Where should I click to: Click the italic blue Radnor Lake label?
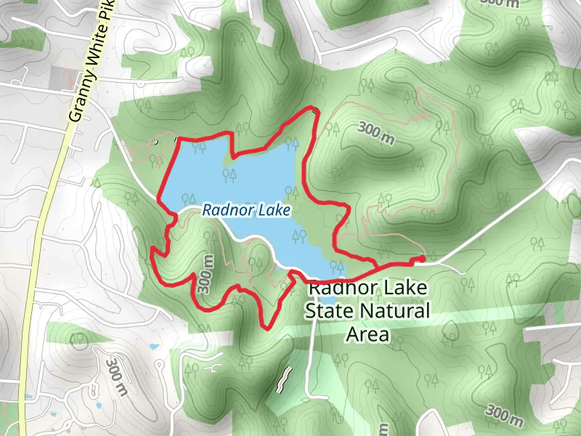[246, 211]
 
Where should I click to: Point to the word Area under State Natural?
[367, 335]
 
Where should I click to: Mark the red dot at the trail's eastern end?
[422, 259]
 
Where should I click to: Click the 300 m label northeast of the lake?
[376, 133]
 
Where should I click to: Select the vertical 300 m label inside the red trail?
[208, 275]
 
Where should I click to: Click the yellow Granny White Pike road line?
[45, 218]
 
